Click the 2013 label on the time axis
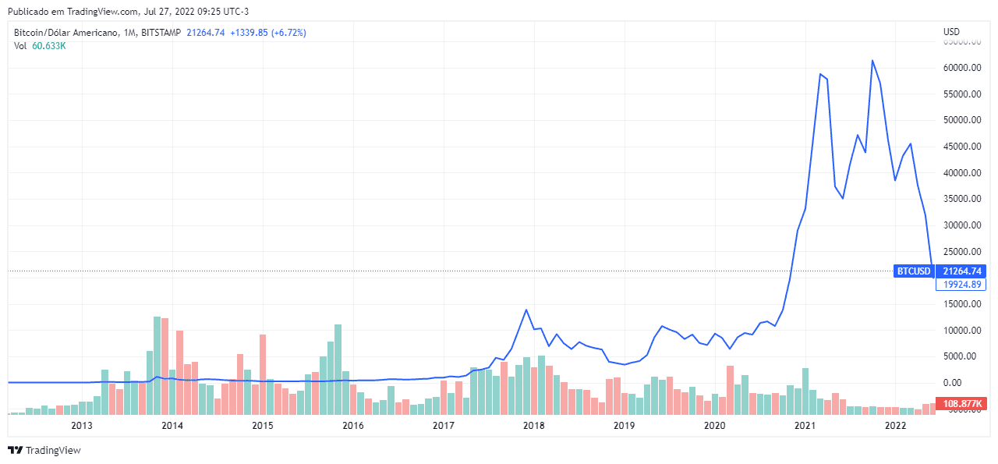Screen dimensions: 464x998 tap(82, 426)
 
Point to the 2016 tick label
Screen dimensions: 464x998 tap(353, 426)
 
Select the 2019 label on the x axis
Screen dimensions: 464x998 tap(624, 426)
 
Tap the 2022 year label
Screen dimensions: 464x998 tap(895, 426)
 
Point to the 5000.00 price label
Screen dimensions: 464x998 tap(961, 356)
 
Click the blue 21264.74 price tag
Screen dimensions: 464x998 tap(961, 271)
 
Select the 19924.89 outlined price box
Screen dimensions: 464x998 tap(961, 285)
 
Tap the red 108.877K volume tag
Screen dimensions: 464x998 tap(961, 404)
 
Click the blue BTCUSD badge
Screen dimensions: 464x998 tap(914, 271)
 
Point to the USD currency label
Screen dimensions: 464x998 tap(951, 32)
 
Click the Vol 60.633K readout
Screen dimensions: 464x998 tap(40, 46)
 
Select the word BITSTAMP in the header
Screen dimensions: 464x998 tap(161, 33)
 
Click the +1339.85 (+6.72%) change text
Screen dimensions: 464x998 tap(268, 33)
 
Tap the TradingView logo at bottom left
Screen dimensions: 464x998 tap(44, 450)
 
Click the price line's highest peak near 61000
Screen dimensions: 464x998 tap(872, 60)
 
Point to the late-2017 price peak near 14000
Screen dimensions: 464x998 tap(526, 310)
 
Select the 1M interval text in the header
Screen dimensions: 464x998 tap(129, 33)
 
